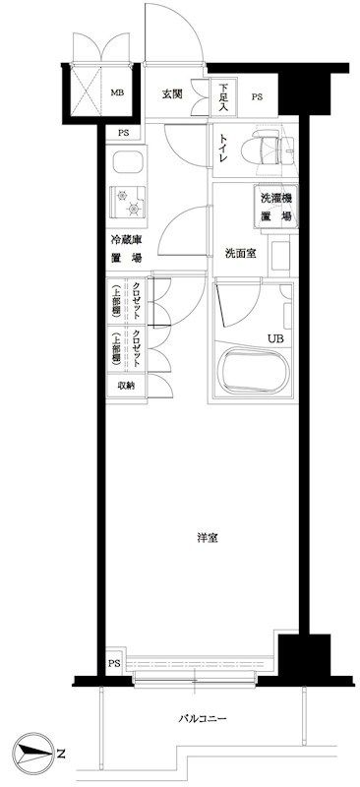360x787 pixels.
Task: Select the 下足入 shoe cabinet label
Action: pyautogui.click(x=223, y=95)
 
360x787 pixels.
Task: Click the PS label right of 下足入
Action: pyautogui.click(x=256, y=96)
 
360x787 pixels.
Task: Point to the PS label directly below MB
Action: pyautogui.click(x=124, y=134)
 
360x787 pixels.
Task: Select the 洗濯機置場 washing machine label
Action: pyautogui.click(x=275, y=206)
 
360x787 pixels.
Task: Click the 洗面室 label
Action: pyautogui.click(x=240, y=251)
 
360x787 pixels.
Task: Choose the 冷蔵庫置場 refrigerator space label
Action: pyautogui.click(x=124, y=249)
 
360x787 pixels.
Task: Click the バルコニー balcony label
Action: pyautogui.click(x=205, y=719)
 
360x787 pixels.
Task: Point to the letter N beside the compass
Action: pyautogui.click(x=61, y=755)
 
